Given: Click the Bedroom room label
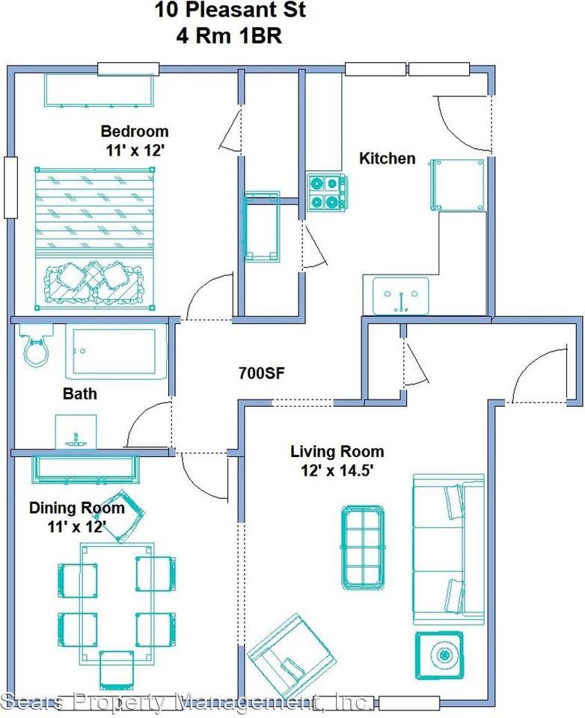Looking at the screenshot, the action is click(135, 132).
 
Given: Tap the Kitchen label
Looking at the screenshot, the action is click(387, 159).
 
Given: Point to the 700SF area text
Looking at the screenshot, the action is click(262, 373).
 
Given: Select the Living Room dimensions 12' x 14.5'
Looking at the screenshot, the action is click(335, 470).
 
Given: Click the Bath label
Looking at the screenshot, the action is click(80, 393).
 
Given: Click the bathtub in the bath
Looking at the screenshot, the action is click(117, 352).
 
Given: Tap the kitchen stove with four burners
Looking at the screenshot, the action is click(327, 192).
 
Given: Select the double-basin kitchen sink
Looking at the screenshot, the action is click(401, 296).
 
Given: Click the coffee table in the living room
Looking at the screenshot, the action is click(363, 547).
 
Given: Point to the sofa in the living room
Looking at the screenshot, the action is click(449, 549).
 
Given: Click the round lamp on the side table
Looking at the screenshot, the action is click(444, 656).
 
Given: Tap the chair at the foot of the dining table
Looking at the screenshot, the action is click(117, 670).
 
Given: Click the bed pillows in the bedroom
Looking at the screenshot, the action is click(94, 281).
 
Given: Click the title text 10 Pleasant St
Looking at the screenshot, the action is click(230, 10).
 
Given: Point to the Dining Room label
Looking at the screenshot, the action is click(77, 508).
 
